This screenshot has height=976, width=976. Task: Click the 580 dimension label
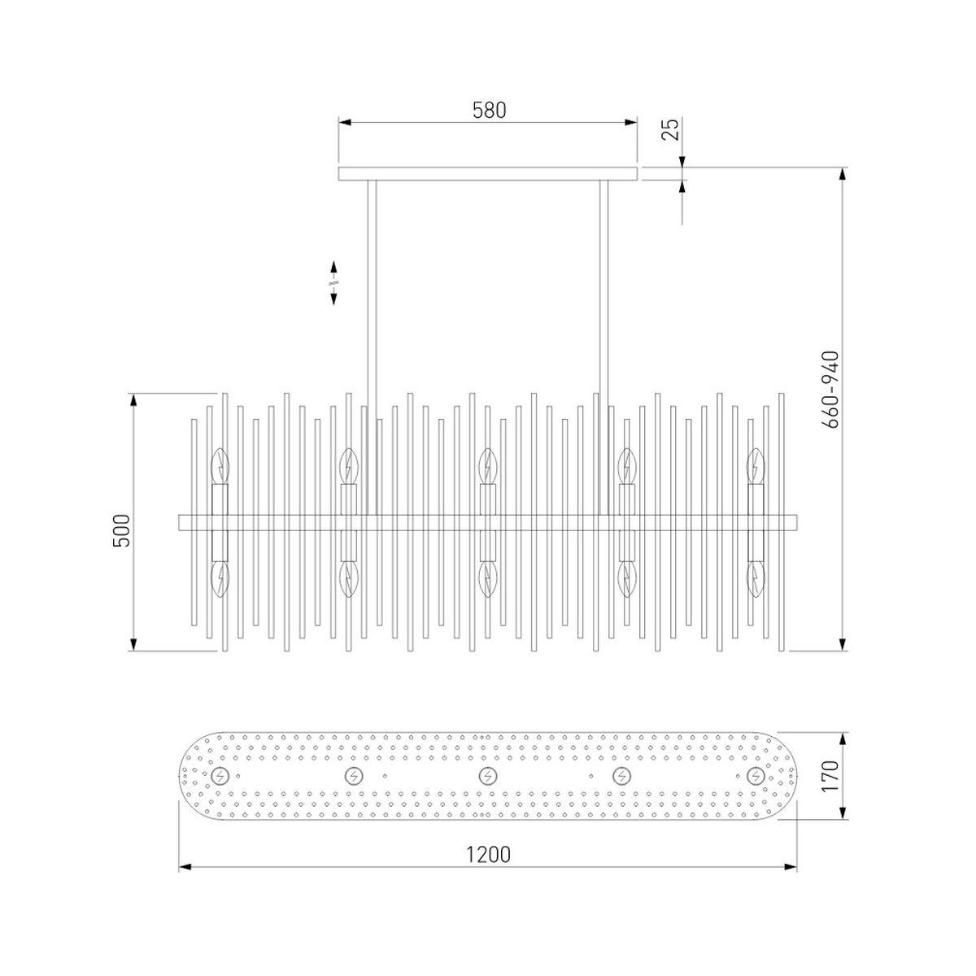tap(490, 111)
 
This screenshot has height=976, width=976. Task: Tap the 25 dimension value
tap(670, 129)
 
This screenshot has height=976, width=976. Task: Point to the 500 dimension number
tap(121, 530)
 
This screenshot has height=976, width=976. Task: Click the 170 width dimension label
tap(830, 775)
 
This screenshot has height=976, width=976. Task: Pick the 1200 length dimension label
tap(488, 855)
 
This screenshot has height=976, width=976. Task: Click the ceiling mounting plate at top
tap(487, 174)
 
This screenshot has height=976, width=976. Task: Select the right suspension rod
tap(603, 347)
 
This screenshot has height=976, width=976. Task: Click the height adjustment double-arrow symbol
tap(333, 282)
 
